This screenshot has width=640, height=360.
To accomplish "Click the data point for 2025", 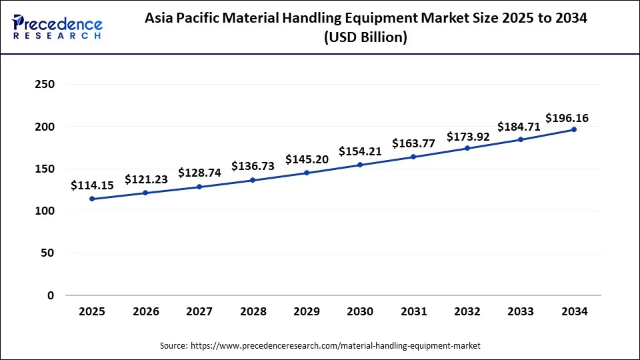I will click(x=91, y=199).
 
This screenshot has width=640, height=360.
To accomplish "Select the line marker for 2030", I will click(x=360, y=165).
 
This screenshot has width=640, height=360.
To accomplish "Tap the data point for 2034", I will click(x=574, y=129).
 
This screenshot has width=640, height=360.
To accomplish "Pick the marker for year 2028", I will click(x=253, y=180).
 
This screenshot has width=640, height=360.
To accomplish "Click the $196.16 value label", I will click(x=567, y=118).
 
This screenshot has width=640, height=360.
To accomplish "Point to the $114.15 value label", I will click(x=92, y=186).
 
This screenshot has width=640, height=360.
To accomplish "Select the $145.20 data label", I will click(x=307, y=160).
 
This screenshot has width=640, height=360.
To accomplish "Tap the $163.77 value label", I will click(x=413, y=143).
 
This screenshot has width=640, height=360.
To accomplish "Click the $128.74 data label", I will click(x=199, y=173).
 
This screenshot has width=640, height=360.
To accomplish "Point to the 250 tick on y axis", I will click(x=45, y=85).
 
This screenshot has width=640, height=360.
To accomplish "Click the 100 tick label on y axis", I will click(x=45, y=211).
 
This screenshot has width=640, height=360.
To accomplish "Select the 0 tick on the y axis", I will click(x=51, y=295).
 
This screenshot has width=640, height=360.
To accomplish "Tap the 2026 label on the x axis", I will click(x=145, y=311).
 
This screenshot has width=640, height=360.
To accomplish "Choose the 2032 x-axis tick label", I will click(x=467, y=311).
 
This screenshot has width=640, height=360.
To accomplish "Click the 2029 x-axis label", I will click(x=307, y=311).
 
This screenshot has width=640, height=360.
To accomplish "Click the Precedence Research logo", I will click(x=57, y=27).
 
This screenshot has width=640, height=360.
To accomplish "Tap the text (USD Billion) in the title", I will click(x=365, y=38).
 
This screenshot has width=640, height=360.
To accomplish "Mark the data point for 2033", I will click(x=521, y=139).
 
